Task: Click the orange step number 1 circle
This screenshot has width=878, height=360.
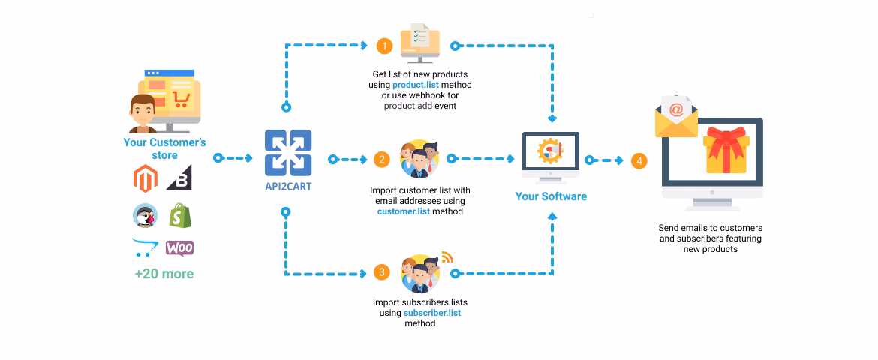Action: [x=384, y=46]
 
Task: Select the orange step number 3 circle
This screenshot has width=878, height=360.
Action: [x=382, y=272]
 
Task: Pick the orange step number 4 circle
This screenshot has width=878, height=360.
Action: [x=639, y=160]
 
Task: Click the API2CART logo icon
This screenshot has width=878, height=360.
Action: [x=288, y=153]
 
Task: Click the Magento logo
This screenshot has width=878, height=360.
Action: [x=146, y=179]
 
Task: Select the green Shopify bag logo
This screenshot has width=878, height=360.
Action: [x=179, y=216]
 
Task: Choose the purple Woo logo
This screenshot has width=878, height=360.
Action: [x=179, y=247]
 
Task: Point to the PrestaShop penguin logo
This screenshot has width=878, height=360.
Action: [x=145, y=216]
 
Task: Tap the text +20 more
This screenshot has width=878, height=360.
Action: [x=164, y=274]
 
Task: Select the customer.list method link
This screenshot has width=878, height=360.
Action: [x=404, y=211]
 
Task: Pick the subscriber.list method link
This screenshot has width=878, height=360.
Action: [x=431, y=313]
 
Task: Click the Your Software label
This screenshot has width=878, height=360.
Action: [x=551, y=196]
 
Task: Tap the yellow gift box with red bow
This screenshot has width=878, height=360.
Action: [x=726, y=151]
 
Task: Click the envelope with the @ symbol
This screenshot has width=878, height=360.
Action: [x=676, y=115]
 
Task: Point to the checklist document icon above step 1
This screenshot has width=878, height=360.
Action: [x=420, y=40]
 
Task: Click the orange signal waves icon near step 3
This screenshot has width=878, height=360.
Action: [x=447, y=258]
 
